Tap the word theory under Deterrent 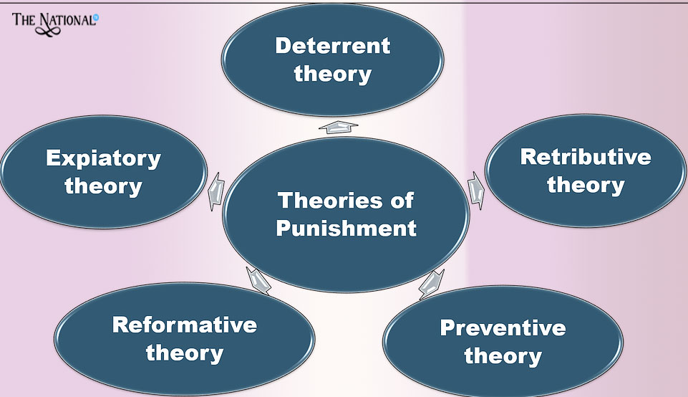click(x=333, y=73)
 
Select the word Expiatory click(x=103, y=158)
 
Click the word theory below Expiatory click(x=103, y=186)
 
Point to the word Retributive click(x=586, y=156)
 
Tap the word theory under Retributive click(x=586, y=185)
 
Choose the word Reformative click(x=184, y=325)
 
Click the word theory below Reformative click(x=184, y=353)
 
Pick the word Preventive click(x=503, y=328)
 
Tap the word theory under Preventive click(x=503, y=356)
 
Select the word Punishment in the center click(x=346, y=229)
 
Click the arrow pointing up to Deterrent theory click(x=338, y=128)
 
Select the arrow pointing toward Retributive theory click(x=476, y=190)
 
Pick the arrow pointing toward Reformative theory click(x=258, y=280)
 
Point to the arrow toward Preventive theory click(x=431, y=282)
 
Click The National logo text click(x=54, y=19)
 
